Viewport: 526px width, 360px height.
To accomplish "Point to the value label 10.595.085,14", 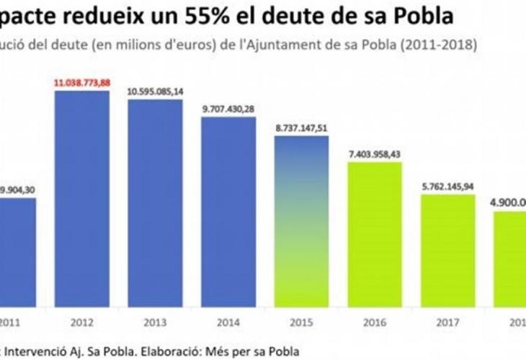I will click(156, 92).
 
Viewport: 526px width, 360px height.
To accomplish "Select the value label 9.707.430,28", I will click(228, 109).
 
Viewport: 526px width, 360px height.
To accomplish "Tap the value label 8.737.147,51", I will click(301, 128).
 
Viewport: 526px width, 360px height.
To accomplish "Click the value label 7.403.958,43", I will click(375, 154).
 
